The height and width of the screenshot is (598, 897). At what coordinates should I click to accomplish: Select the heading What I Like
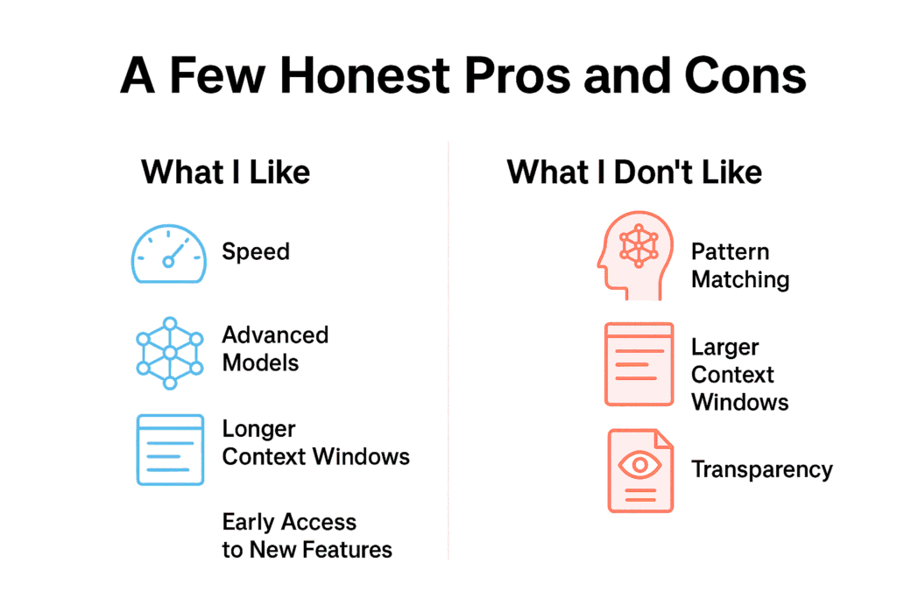[x=225, y=172]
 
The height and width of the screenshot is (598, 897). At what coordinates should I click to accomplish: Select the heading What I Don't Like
[x=634, y=172]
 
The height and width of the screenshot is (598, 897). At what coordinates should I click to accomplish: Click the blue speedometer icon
[x=168, y=253]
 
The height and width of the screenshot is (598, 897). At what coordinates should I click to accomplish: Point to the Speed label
[x=255, y=252]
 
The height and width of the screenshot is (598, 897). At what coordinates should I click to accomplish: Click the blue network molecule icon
[x=169, y=353]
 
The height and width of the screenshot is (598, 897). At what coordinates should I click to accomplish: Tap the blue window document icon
[x=169, y=449]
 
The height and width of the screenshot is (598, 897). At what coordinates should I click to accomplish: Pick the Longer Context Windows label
[x=315, y=443]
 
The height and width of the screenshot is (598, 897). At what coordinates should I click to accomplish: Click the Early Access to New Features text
[x=307, y=536]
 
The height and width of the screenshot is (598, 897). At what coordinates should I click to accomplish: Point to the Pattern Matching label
[x=740, y=265]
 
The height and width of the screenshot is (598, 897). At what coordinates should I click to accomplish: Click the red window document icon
[x=639, y=364]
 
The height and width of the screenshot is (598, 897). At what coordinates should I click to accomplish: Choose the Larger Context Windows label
[x=739, y=375]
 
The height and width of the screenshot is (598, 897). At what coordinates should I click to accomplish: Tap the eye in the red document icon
[x=639, y=464]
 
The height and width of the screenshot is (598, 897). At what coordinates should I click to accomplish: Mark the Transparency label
[x=761, y=469]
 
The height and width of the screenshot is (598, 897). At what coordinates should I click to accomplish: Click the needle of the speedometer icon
[x=175, y=254]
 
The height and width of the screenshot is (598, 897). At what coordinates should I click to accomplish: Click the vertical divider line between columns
[x=448, y=350]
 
